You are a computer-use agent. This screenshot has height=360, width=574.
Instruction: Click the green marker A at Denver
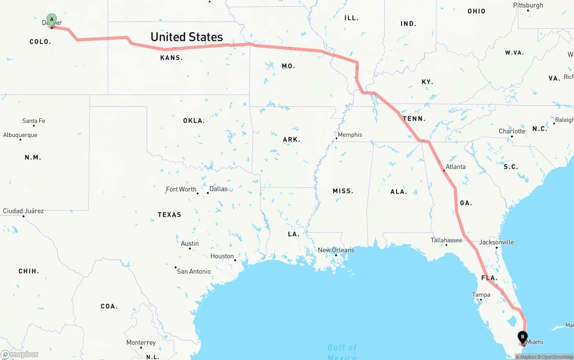click(x=52, y=20)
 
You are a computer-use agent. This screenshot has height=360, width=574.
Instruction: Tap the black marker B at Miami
click(x=522, y=337)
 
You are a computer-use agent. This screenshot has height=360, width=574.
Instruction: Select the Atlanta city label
click(x=455, y=167)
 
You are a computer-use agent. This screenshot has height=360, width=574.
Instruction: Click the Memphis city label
click(x=350, y=135)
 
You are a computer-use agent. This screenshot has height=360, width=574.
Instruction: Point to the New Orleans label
click(x=336, y=250)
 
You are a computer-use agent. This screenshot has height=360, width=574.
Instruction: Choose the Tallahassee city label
click(x=446, y=240)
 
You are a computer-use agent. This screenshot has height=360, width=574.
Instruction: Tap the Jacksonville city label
click(x=496, y=242)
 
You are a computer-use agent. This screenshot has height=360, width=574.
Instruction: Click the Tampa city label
click(x=481, y=295)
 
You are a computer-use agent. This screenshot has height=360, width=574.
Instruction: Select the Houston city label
click(x=222, y=256)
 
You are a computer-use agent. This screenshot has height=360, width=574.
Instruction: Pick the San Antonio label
click(x=194, y=271)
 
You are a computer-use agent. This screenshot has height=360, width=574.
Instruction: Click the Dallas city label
click(x=218, y=189)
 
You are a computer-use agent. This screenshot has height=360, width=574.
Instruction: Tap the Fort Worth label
click(x=181, y=189)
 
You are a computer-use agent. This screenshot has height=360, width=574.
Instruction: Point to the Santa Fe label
click(x=34, y=121)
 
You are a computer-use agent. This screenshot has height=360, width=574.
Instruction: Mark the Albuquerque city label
click(x=20, y=135)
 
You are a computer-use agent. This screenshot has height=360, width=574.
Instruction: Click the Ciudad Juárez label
click(x=23, y=211)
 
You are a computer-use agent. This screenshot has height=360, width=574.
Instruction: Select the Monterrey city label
click(x=141, y=343)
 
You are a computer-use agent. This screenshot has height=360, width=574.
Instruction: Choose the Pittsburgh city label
click(x=528, y=5)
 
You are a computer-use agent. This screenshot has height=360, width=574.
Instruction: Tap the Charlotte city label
click(x=512, y=131)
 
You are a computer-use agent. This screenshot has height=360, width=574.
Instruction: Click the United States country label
click(x=187, y=37)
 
